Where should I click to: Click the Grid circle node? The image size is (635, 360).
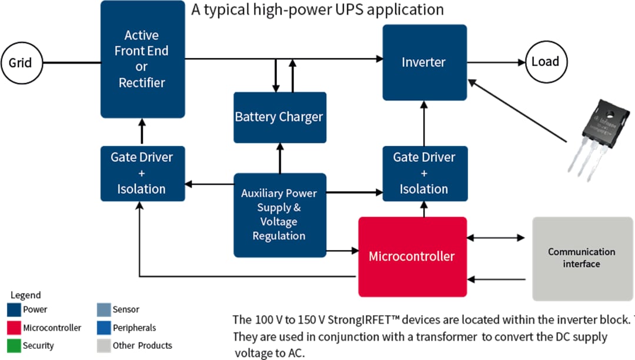(x=21, y=62)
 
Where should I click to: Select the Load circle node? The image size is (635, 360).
(x=545, y=62)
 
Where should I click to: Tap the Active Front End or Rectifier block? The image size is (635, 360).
(x=142, y=59)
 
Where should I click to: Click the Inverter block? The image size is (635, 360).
(x=424, y=62)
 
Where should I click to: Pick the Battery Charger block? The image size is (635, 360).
(x=279, y=117)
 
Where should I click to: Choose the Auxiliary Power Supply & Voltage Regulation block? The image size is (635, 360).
(x=279, y=215)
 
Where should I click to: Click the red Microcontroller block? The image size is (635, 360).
(x=412, y=256)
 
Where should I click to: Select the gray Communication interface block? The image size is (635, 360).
(x=581, y=258)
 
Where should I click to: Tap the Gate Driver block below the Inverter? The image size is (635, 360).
(x=424, y=174)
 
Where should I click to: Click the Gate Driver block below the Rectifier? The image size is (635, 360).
(x=142, y=174)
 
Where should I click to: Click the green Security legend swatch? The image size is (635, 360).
(x=14, y=346)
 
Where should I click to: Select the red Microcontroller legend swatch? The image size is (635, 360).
(x=14, y=328)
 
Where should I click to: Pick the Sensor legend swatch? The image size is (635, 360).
(x=103, y=309)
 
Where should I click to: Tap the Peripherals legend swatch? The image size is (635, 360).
(x=103, y=328)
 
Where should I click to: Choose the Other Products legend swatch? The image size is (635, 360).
(x=103, y=346)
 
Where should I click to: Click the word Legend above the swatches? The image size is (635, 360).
(x=26, y=295)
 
